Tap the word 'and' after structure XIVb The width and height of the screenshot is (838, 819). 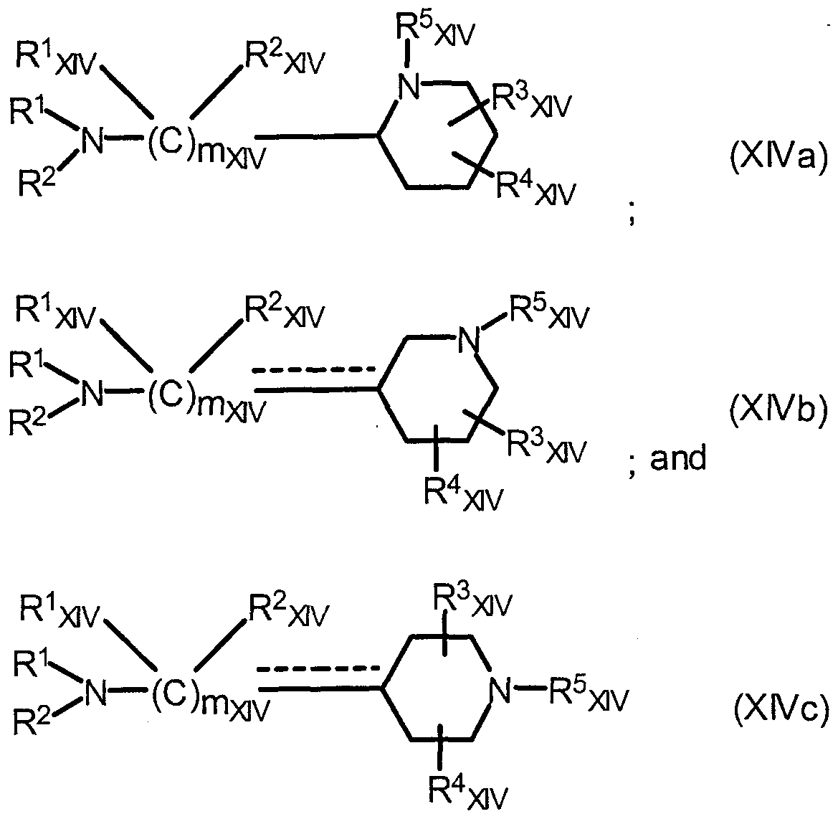tap(677, 458)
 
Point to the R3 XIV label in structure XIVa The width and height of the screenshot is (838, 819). tap(531, 102)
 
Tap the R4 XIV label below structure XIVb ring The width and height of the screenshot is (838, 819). tap(463, 492)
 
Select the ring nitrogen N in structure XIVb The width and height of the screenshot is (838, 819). tap(470, 339)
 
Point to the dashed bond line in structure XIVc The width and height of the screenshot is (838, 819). tap(318, 668)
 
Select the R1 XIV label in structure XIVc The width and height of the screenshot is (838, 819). tap(59, 611)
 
